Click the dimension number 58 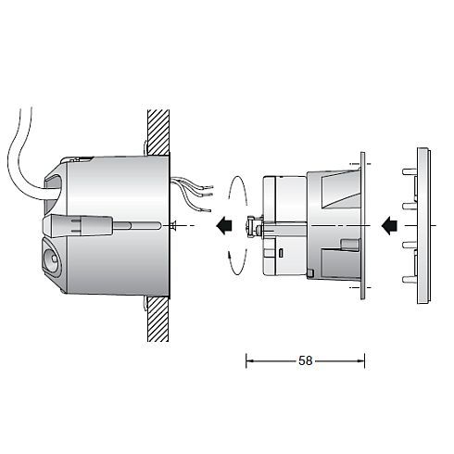coord(306,359)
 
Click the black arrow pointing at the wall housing coord(223,225)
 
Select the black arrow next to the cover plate coord(390,224)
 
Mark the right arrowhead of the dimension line coord(362,359)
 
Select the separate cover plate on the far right coord(423,224)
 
